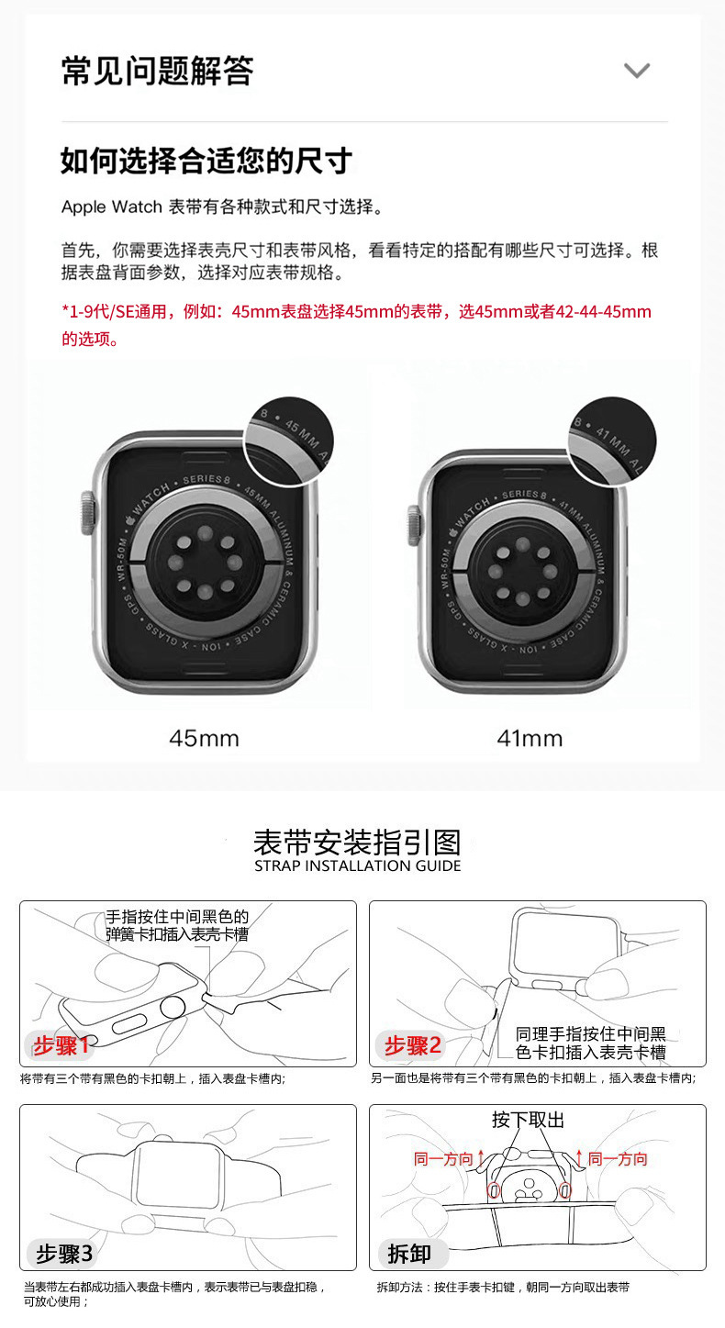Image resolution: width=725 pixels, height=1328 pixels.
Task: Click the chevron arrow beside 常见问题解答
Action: coord(636,71)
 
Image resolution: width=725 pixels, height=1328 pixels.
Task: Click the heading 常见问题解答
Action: coord(157,71)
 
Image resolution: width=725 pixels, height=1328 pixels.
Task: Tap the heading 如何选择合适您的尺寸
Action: coord(206,161)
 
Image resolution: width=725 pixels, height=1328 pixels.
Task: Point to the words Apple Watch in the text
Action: coord(111,206)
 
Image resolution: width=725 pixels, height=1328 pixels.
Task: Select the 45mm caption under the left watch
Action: coord(204,738)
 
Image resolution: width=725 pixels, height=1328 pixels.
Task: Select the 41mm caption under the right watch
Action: coord(530,738)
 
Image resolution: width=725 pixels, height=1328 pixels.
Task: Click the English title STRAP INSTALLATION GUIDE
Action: coord(357,865)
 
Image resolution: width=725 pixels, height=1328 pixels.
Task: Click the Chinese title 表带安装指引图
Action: coord(357,841)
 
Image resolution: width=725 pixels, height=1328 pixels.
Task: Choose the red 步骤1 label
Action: coord(62,1045)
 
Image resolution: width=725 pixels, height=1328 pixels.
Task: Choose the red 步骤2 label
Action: coord(413,1045)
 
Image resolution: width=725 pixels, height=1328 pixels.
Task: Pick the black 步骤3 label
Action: coord(64,1253)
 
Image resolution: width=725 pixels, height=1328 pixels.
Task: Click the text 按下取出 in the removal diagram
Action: coord(528,1120)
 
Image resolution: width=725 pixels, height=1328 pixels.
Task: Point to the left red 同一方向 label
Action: coord(443,1159)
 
